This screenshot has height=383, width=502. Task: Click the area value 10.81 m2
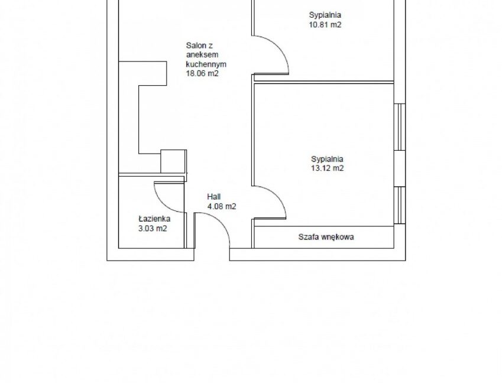click(325, 25)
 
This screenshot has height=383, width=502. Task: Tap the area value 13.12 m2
click(327, 168)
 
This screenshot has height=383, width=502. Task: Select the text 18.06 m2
click(202, 73)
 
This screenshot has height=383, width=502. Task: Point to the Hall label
click(213, 197)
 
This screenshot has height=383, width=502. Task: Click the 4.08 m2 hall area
click(222, 207)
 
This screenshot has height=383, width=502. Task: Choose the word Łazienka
click(154, 219)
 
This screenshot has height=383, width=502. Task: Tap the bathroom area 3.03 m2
click(153, 229)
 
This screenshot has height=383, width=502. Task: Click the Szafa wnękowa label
click(326, 237)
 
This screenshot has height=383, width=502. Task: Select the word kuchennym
click(206, 64)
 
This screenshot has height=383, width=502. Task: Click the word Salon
click(195, 45)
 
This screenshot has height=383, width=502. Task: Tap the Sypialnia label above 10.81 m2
click(325, 15)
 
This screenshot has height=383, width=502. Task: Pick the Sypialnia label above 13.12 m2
click(327, 159)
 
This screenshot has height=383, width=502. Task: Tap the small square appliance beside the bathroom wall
click(173, 161)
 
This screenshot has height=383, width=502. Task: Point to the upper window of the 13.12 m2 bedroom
click(400, 126)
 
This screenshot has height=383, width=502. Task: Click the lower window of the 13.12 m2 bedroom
click(400, 205)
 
